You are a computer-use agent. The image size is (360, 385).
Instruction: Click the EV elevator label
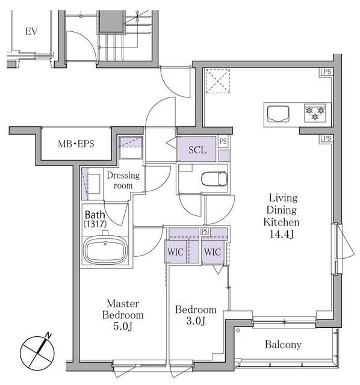tap(31, 31)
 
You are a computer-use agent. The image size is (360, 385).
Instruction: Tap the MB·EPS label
tap(76, 144)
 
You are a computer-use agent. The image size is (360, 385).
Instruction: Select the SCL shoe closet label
tap(197, 150)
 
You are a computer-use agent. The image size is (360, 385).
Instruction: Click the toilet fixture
tap(214, 179)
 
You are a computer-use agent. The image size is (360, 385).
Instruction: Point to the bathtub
tap(105, 250)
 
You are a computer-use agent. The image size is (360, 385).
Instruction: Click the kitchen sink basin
tap(278, 114)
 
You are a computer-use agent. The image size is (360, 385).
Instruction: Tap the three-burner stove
tap(315, 113)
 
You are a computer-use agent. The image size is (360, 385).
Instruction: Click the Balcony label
tap(283, 345)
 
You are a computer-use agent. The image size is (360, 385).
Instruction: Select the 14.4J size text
tap(281, 234)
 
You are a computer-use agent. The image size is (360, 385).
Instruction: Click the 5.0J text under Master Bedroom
tap(123, 326)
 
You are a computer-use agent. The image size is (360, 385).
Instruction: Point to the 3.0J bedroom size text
tap(196, 321)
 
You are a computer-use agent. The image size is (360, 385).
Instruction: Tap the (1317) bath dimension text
tap(95, 224)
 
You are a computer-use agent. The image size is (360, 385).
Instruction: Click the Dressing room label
tap(123, 180)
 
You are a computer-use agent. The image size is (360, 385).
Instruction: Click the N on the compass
tap(49, 336)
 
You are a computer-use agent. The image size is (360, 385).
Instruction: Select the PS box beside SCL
tap(223, 142)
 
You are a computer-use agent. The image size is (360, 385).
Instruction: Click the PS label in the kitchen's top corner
tap(327, 72)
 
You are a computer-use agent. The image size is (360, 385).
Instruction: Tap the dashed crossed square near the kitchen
tap(218, 81)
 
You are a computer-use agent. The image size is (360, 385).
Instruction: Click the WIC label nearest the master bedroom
tap(175, 252)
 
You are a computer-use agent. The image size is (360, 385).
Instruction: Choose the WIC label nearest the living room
tap(213, 252)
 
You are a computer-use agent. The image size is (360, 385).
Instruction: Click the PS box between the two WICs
tap(205, 231)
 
